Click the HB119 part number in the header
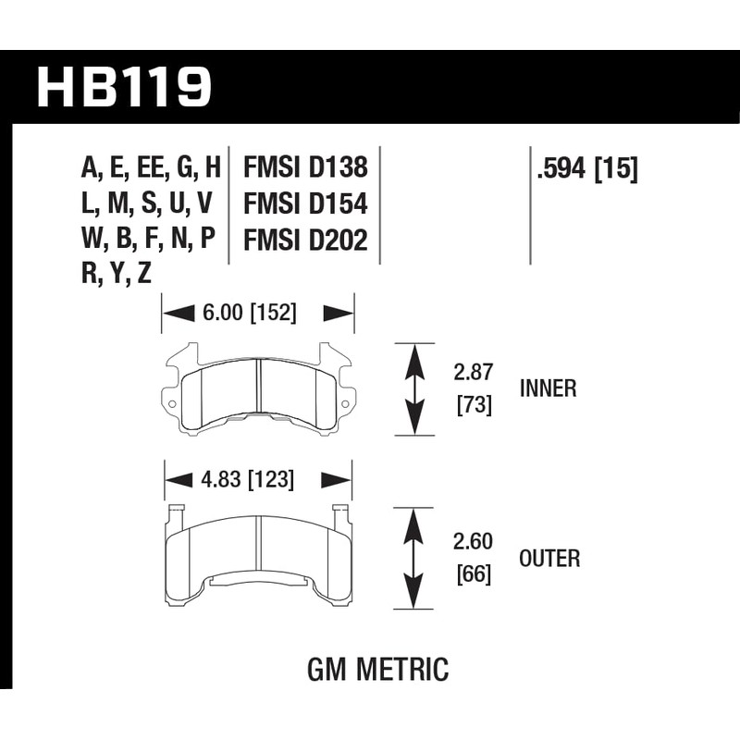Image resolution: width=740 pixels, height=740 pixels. (x=125, y=87)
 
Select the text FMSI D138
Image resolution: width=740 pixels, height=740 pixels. (x=305, y=167)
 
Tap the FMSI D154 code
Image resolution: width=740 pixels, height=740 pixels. (x=305, y=203)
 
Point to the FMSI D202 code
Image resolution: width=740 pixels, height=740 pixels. (x=305, y=240)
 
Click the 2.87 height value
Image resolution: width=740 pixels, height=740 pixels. (x=473, y=374)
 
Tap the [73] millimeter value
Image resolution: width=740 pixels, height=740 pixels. (x=473, y=404)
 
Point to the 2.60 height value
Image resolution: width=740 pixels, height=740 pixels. (x=473, y=542)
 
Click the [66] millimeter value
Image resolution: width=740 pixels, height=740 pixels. (x=473, y=574)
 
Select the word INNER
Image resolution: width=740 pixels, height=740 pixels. (x=548, y=388)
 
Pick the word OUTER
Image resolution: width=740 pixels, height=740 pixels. (x=549, y=559)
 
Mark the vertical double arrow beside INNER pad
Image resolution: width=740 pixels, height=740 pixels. (x=414, y=388)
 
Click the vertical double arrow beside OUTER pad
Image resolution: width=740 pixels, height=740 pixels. (x=414, y=558)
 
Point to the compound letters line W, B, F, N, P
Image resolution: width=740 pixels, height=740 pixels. (x=148, y=240)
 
